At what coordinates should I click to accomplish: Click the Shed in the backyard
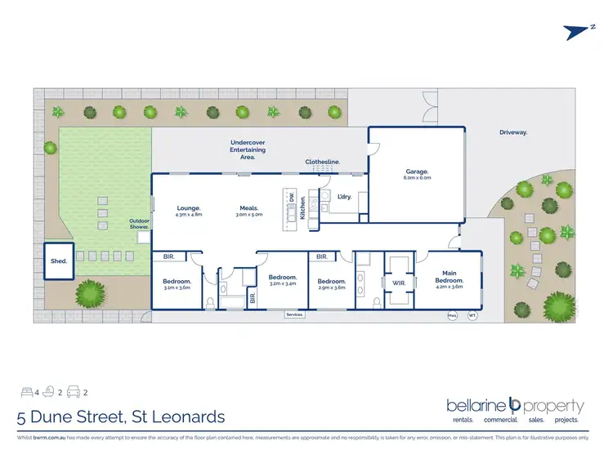(58, 262)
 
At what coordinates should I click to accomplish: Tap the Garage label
(418, 172)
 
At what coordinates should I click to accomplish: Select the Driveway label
(513, 131)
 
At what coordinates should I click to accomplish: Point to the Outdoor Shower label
(139, 223)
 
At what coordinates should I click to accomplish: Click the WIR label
(400, 284)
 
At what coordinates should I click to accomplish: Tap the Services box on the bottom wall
(294, 314)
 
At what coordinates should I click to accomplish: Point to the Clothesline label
(323, 162)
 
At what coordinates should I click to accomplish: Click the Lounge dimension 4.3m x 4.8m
(189, 215)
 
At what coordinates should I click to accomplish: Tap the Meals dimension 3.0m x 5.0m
(249, 215)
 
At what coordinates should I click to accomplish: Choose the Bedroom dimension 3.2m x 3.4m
(283, 283)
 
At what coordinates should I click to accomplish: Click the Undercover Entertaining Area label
(248, 149)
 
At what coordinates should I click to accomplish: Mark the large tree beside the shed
(91, 292)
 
